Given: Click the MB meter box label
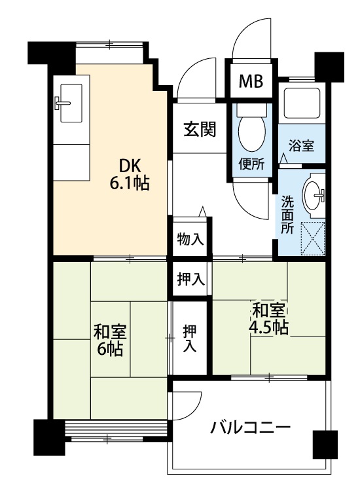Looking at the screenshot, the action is pyautogui.click(x=251, y=81).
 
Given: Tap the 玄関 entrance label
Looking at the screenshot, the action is pyautogui.click(x=200, y=129).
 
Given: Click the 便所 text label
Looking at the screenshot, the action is pyautogui.click(x=251, y=164).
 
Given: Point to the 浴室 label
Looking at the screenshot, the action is pyautogui.click(x=301, y=145).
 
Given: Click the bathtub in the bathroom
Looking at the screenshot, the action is pyautogui.click(x=302, y=103).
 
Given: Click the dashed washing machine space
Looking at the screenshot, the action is pyautogui.click(x=312, y=238).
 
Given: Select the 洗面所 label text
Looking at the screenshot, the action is pyautogui.click(x=287, y=215).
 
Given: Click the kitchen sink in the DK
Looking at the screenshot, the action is pyautogui.click(x=71, y=103).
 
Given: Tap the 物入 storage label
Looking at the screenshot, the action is pyautogui.click(x=190, y=240).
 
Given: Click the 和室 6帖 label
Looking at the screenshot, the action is pyautogui.click(x=109, y=340).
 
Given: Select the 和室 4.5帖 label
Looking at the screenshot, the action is pyautogui.click(x=268, y=319).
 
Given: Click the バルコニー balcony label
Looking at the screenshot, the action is pyautogui.click(x=250, y=427).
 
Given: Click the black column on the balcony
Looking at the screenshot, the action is pyautogui.click(x=325, y=444).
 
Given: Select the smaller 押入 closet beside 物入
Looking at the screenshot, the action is pyautogui.click(x=190, y=279).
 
